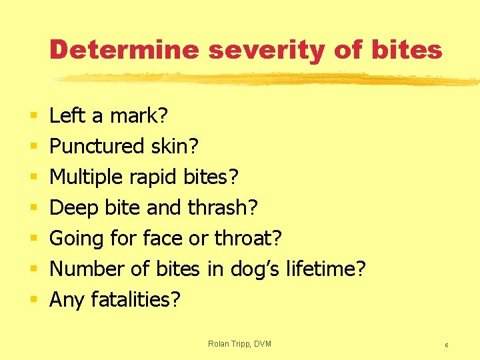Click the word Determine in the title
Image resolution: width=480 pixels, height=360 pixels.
tap(123, 50)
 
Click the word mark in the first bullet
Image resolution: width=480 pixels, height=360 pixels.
tap(139, 117)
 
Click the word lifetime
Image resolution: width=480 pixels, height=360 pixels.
tap(325, 269)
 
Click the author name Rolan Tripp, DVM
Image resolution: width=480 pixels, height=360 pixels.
tap(239, 344)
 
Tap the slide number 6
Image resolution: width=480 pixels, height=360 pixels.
tap(446, 345)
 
